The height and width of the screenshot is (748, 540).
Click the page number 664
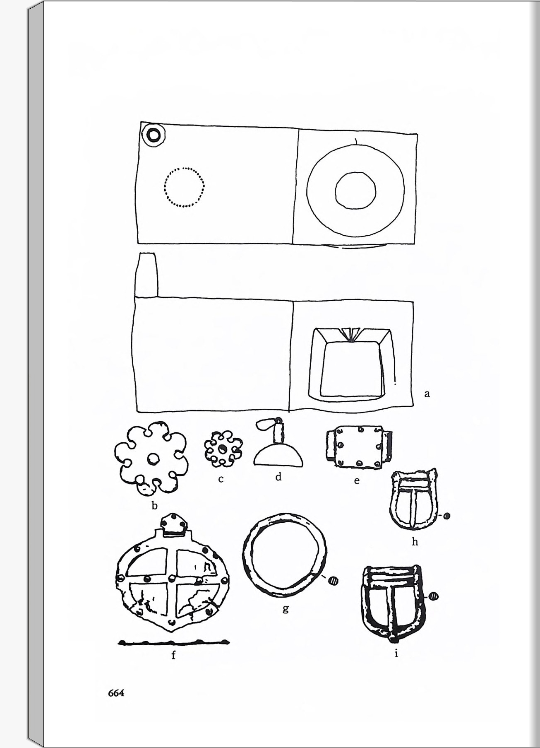pos(116,693)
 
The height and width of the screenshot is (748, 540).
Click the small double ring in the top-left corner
pos(154,135)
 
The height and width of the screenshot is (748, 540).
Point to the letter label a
pos(427,393)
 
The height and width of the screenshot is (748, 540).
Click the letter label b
pos(155,505)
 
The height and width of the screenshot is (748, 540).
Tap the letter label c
pos(221,479)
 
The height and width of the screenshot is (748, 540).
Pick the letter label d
pos(278,477)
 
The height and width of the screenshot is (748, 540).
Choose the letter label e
pos(357,481)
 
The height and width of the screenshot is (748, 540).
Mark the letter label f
pos(174,655)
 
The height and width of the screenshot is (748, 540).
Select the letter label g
pos(286,609)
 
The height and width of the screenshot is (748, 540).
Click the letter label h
pos(415,541)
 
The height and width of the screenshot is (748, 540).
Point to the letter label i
pos(396,654)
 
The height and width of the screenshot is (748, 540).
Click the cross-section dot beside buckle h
pos(447,516)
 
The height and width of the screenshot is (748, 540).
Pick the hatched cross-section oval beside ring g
pos(333,581)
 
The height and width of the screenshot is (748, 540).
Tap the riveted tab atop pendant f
pos(173,524)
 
